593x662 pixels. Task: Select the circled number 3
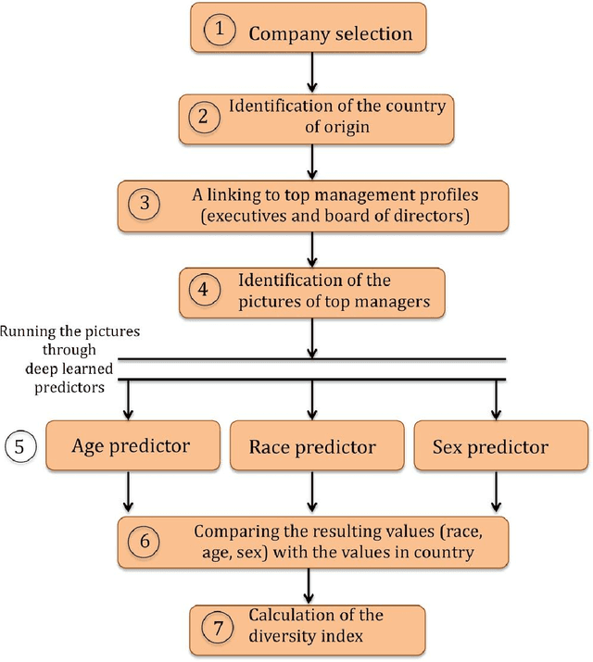point(145,202)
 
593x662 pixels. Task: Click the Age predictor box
point(131,446)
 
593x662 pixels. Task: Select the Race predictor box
point(312,446)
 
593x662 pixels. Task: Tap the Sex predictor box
point(490,446)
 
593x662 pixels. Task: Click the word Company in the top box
point(286,34)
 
